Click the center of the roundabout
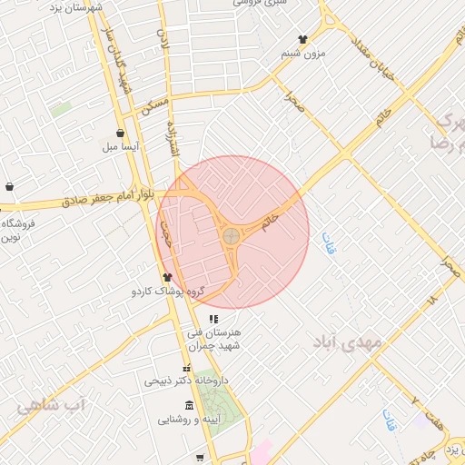[x=232, y=236]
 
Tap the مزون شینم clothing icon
[x=302, y=39]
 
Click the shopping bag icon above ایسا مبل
[x=120, y=133]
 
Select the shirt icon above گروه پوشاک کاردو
[x=167, y=277]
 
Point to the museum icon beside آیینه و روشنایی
[x=188, y=405]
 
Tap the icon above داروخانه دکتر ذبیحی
[x=187, y=369]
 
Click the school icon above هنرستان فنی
[x=213, y=319]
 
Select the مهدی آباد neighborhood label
[x=350, y=341]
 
